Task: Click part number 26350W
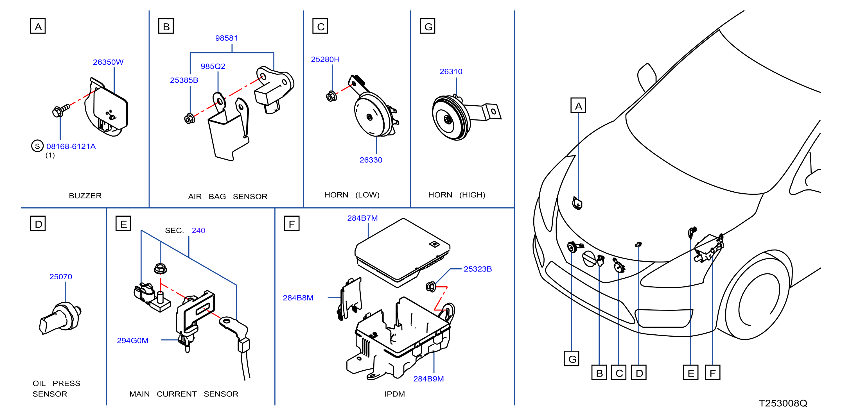108,62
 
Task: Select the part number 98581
226,38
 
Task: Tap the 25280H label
325,59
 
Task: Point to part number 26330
371,160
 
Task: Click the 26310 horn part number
451,71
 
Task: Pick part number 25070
61,277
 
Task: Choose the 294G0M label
133,340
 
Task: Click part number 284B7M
362,218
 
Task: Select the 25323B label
478,269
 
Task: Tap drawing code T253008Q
783,403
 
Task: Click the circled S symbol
37,146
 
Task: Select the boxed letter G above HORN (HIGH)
428,26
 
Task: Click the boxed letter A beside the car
578,105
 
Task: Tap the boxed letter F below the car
713,372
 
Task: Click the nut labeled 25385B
189,119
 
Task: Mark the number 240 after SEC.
198,230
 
